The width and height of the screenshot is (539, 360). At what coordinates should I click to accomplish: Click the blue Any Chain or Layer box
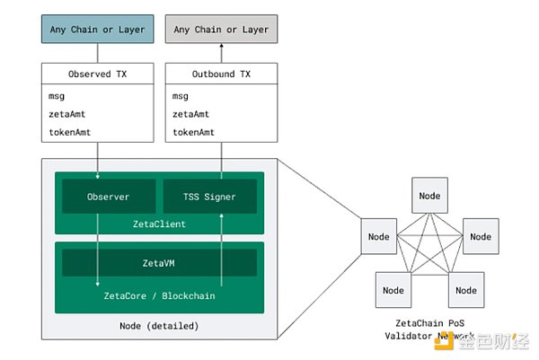(x=96, y=29)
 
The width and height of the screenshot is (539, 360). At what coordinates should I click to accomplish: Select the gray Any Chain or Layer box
(x=220, y=29)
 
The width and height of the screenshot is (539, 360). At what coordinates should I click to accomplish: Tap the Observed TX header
(x=96, y=75)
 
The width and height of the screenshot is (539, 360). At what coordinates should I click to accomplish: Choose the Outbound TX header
(x=220, y=75)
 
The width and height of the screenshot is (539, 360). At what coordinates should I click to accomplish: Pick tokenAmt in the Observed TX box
(x=69, y=131)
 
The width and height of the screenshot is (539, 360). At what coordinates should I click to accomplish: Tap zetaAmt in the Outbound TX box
(x=190, y=113)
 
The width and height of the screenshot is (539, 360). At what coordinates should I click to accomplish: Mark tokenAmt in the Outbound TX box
(x=193, y=131)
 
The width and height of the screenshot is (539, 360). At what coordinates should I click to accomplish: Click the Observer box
(x=96, y=197)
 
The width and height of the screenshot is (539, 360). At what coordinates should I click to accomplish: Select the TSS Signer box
(x=209, y=197)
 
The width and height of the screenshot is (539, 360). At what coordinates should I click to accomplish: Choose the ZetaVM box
(x=158, y=262)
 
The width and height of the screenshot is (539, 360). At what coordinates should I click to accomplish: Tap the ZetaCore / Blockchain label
(x=158, y=294)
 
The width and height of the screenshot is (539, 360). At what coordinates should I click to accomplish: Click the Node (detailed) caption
(x=158, y=325)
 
